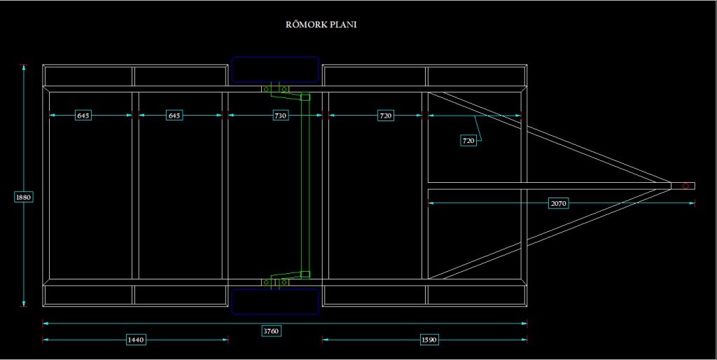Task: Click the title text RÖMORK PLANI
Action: point(323,25)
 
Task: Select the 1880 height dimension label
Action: point(23,198)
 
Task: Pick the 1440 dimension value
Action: point(135,340)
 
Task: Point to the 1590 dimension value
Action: point(429,340)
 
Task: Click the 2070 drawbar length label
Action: point(558,203)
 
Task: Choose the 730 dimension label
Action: point(279,116)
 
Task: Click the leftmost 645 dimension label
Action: point(83,116)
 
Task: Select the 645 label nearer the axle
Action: point(174,116)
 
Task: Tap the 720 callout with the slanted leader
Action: point(468,141)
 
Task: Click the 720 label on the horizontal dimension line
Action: point(385,116)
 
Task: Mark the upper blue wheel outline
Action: point(275,69)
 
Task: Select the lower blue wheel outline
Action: point(275,301)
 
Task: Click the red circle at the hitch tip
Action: point(687,186)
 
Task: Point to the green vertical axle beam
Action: point(304,186)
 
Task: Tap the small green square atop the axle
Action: point(305,97)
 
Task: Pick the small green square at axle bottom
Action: point(305,274)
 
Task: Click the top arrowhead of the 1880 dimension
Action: point(24,68)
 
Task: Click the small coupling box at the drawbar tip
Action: point(683,186)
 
